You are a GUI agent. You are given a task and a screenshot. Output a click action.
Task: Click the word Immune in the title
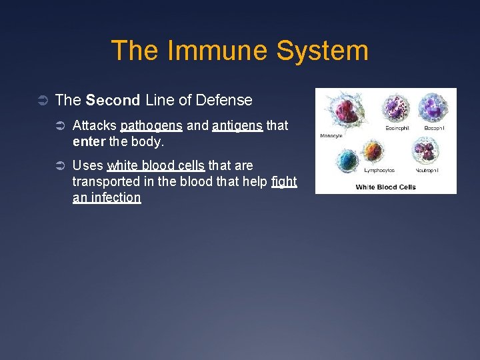[x=205, y=51]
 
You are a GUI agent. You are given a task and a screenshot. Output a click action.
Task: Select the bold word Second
[x=113, y=101]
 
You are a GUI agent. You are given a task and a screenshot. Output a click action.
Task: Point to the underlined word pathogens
[x=151, y=125]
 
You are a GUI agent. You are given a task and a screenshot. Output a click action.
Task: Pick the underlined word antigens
[x=237, y=125]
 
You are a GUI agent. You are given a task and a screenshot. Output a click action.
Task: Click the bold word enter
[x=89, y=142]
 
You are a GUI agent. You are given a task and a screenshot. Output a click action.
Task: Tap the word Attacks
[x=94, y=125]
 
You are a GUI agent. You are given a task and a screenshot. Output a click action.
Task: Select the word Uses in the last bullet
[x=87, y=165]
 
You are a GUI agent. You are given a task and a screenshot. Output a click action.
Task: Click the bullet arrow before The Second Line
[x=43, y=101]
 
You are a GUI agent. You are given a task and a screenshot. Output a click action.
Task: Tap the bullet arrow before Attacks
[x=60, y=126]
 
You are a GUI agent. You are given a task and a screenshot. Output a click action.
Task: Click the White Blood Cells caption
[x=385, y=187]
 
